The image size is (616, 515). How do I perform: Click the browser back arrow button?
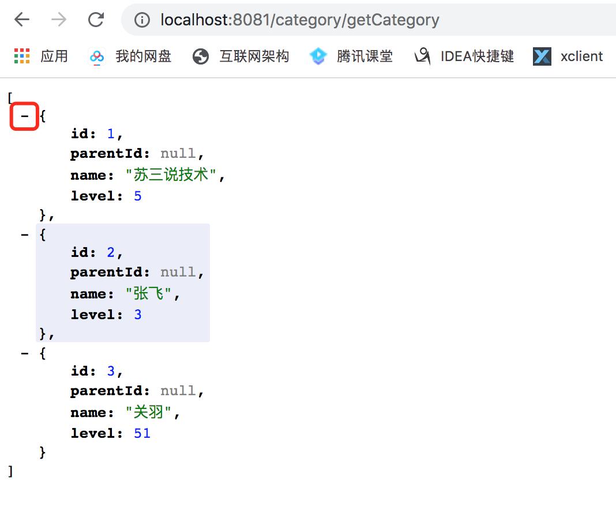[x=21, y=19]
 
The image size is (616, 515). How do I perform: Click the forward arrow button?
[x=59, y=19]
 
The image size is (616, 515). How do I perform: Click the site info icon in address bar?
[x=142, y=20]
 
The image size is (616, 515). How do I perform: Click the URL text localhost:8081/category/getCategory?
[x=300, y=20]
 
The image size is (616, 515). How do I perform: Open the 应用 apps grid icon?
[x=22, y=56]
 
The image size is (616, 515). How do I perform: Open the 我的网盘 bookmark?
[x=130, y=56]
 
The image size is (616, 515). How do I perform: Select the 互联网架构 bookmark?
[x=241, y=56]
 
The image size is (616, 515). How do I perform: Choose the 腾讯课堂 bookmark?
[x=351, y=56]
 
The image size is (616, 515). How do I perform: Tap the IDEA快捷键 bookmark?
[x=464, y=56]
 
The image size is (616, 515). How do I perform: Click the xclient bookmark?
[x=568, y=56]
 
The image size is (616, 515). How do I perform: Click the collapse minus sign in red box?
[x=24, y=116]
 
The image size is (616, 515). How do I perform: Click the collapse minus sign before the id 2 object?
[x=25, y=235]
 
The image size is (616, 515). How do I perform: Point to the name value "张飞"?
[x=148, y=293]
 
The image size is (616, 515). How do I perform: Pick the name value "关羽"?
[x=148, y=412]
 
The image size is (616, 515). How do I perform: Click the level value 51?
[x=142, y=433]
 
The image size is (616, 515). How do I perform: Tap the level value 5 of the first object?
[x=137, y=196]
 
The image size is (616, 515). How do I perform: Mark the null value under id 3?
[x=178, y=391]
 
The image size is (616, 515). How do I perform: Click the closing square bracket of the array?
[x=10, y=471]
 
